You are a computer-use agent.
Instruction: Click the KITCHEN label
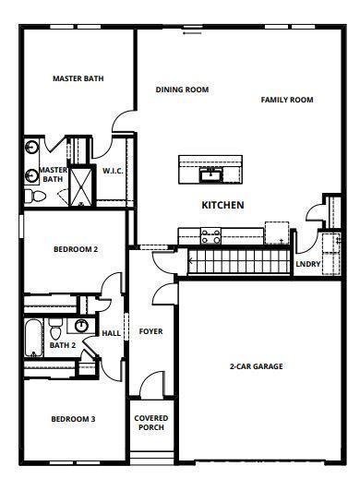[x=222, y=205]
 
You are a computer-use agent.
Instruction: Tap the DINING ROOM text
[x=182, y=90]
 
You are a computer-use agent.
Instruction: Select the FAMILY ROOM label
[x=287, y=100]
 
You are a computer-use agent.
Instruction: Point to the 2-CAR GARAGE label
[x=257, y=366]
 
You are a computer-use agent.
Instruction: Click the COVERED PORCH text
[x=151, y=423]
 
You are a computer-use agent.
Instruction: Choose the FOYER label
[x=150, y=331]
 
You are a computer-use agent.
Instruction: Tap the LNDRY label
[x=308, y=264]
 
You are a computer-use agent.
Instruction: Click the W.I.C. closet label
[x=113, y=171]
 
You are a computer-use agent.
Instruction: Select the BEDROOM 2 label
[x=76, y=249]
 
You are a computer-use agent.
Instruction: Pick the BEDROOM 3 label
[x=73, y=419]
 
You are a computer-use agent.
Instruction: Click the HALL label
[x=112, y=333]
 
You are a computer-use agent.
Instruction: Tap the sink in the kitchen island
[x=211, y=175]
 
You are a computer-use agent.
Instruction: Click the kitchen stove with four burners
[x=210, y=236]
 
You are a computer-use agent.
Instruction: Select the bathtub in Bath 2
[x=34, y=338]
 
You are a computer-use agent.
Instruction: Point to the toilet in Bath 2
[x=55, y=329]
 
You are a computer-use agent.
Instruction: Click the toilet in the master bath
[x=35, y=197]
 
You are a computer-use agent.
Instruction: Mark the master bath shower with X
[x=80, y=186]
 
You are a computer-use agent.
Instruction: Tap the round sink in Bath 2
[x=81, y=326]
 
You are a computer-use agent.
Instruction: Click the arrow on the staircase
[x=191, y=260]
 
